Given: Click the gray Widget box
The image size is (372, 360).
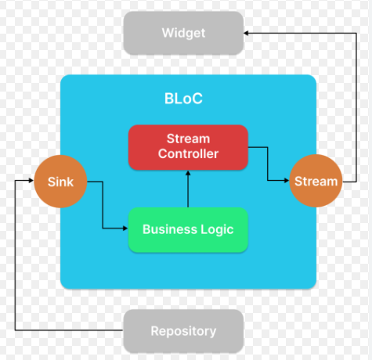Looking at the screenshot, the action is (x=183, y=33).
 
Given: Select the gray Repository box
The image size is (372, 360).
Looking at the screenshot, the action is (x=183, y=331).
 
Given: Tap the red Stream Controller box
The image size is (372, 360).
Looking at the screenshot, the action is (x=188, y=147).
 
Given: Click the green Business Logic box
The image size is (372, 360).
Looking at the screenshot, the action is (x=188, y=230).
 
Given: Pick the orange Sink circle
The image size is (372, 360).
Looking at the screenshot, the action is (x=60, y=182).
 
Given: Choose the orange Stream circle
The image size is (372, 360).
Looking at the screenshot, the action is (x=316, y=181).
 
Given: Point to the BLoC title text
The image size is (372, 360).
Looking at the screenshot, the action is (x=183, y=99).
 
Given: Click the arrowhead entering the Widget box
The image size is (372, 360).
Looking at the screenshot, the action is (x=246, y=33).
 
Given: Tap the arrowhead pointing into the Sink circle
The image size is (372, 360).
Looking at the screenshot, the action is (x=31, y=180).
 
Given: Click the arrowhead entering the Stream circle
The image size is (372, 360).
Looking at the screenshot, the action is (x=287, y=180).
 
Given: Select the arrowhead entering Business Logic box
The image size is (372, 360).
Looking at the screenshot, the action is (x=125, y=229).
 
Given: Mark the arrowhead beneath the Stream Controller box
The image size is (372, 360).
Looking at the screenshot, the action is (x=188, y=173).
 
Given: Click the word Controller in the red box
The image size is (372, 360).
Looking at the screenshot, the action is (x=188, y=154).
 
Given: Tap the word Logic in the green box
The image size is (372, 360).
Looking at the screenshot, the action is (x=217, y=230).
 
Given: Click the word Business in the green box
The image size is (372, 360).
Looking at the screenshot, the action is (x=170, y=229).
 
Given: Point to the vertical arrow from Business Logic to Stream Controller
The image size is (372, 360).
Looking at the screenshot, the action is (x=188, y=189).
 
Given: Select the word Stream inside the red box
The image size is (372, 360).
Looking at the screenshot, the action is (x=188, y=139).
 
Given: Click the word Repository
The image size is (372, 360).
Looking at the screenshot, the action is (x=183, y=332).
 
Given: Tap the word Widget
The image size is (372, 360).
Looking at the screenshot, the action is (x=183, y=34).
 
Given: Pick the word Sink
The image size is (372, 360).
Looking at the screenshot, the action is (x=60, y=182).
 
